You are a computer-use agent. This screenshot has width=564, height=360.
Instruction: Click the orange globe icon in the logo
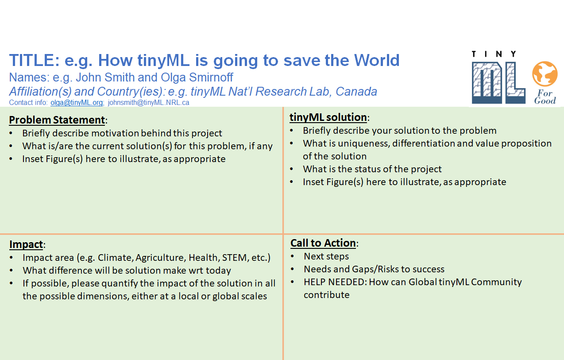(545, 74)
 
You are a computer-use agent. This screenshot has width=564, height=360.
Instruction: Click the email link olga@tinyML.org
(77, 103)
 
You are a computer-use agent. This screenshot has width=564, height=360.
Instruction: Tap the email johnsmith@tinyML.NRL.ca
(149, 103)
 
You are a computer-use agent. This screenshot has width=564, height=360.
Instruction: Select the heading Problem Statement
(57, 120)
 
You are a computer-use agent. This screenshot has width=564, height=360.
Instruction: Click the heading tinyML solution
(328, 117)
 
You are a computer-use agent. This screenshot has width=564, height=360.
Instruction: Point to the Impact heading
(26, 244)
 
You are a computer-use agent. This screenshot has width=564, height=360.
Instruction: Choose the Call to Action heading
(323, 243)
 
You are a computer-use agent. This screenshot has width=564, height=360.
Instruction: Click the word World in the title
(377, 60)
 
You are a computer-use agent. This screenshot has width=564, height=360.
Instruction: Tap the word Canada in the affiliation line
(356, 92)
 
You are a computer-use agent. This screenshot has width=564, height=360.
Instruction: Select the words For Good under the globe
(545, 97)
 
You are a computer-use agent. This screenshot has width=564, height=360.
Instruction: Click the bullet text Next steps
(326, 256)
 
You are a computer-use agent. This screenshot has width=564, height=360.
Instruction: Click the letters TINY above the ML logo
(494, 54)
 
